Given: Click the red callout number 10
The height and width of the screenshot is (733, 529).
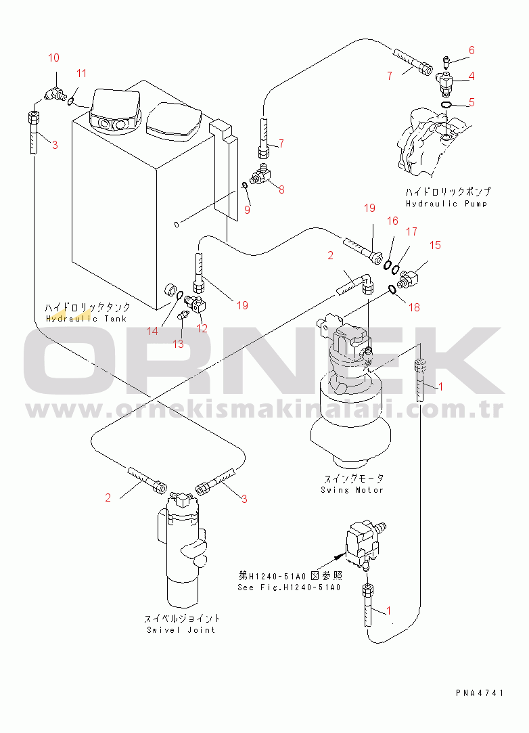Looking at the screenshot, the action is tap(53, 58).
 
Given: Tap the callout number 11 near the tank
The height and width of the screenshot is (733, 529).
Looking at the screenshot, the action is tap(82, 73).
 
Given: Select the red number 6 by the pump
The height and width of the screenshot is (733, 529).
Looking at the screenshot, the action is tap(471, 50).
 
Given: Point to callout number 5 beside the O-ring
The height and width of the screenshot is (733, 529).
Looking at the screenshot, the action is tap(471, 102).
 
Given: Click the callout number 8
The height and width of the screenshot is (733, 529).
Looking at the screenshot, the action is tap(281, 190).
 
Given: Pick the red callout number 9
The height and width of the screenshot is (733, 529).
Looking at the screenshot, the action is tap(247, 210).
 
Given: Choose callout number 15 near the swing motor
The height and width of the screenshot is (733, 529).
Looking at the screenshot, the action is tap(435, 245).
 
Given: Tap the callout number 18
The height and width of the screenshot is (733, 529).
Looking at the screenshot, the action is tap(415, 307).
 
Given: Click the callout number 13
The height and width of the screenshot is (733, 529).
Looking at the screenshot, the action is tap(178, 344).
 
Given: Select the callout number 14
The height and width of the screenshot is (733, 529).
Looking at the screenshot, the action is tap(152, 331).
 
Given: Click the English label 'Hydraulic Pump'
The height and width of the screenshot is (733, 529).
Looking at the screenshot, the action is tap(446, 204).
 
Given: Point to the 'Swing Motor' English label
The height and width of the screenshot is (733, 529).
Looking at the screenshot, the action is tap(352, 490).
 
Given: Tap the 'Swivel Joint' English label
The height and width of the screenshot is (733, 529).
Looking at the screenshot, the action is tap(181, 629).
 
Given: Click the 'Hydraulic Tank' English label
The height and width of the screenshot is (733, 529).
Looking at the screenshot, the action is tap(87, 319).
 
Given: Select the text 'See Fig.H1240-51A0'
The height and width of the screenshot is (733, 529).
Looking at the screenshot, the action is tap(290, 587).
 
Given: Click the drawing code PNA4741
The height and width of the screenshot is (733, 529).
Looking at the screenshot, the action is tap(480, 693).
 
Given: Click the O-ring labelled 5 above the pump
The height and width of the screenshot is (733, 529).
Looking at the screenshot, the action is tap(446, 105).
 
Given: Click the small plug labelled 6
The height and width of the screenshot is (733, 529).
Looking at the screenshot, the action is tap(446, 61).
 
